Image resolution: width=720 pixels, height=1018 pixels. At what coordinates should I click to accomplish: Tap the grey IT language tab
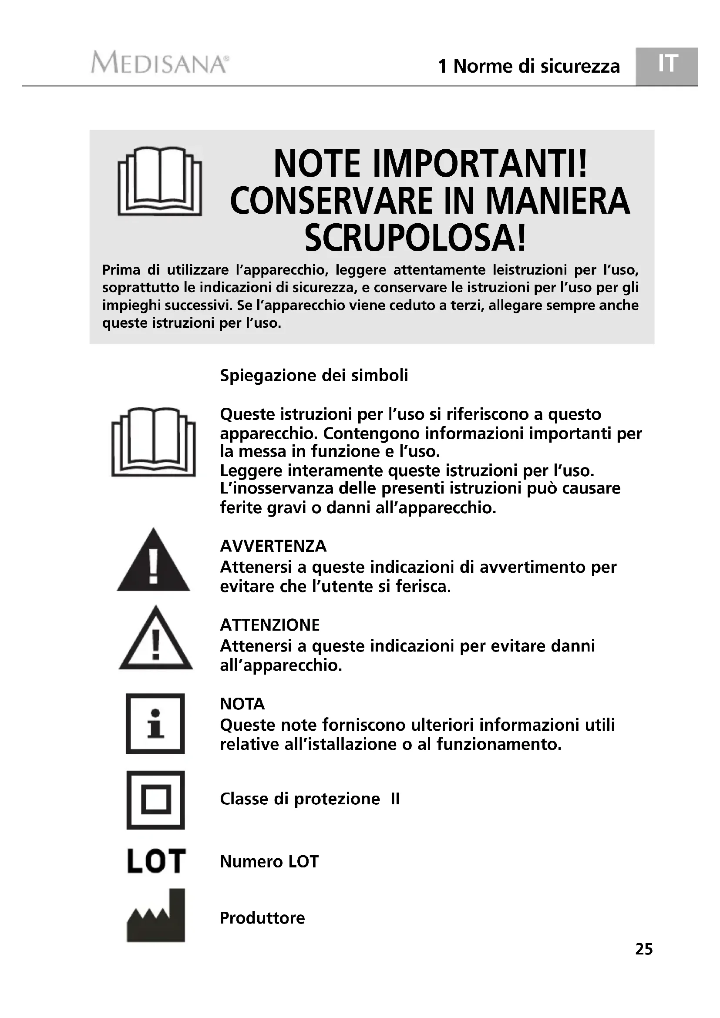coord(667,65)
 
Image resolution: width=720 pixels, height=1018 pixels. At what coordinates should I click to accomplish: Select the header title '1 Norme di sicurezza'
coord(528,67)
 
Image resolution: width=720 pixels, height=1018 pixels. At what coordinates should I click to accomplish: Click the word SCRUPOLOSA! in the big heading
coord(415,238)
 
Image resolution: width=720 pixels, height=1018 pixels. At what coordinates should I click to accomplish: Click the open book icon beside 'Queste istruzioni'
coord(153,442)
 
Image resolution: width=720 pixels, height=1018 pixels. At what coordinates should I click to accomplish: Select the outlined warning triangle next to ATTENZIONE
coord(155,640)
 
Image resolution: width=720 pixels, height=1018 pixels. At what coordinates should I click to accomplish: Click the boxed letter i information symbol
coord(155,724)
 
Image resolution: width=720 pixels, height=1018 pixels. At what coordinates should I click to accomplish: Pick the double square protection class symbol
coord(155,800)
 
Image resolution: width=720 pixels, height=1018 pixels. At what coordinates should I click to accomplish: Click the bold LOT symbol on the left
coord(156,861)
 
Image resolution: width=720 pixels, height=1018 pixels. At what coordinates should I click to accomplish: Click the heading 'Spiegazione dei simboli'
coord(314,376)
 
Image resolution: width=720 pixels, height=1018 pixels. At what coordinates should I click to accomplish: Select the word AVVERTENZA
coord(273,546)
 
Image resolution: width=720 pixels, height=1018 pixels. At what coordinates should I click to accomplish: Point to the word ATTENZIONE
coord(269,625)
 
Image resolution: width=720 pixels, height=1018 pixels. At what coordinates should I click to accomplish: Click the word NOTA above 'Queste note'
coord(242,704)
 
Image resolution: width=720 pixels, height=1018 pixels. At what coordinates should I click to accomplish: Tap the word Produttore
coord(262,918)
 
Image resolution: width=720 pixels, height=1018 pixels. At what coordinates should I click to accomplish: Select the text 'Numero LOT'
coord(269,861)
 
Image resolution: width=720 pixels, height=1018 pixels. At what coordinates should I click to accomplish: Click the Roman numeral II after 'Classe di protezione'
coord(395,800)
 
